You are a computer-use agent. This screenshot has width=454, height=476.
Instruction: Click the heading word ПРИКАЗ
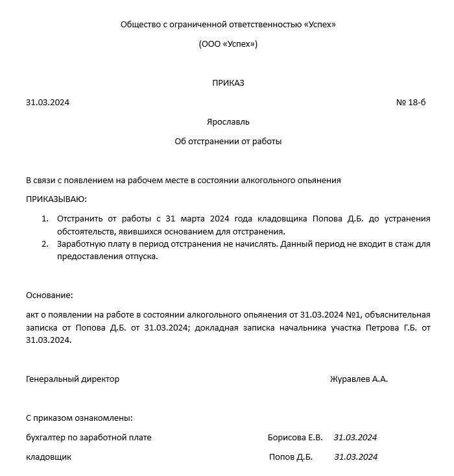coord(228,82)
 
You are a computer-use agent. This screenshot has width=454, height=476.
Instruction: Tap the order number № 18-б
coord(411,103)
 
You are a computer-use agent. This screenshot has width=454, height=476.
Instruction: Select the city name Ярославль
coord(228,121)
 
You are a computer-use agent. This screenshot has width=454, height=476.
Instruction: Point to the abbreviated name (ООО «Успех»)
coord(228,44)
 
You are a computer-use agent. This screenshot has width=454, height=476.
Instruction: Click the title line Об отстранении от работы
coord(228,141)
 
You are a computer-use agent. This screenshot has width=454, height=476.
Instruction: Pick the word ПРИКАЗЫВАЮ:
coord(56,199)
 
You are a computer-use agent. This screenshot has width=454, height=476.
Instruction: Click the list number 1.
coord(45,218)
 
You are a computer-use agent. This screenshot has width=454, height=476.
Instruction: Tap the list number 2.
coord(45,244)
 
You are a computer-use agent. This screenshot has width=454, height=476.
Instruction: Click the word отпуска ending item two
coord(140,256)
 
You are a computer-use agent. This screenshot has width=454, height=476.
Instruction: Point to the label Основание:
coord(49,295)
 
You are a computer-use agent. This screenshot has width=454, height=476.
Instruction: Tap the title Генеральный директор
coord(73,379)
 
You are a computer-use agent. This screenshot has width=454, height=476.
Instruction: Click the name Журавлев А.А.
coord(359,379)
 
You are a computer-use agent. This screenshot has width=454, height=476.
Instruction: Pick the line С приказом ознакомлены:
coord(79,418)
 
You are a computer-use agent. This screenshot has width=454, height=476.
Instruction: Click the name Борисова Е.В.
coord(295,437)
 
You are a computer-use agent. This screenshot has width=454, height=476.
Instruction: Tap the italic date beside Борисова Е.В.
coord(355,437)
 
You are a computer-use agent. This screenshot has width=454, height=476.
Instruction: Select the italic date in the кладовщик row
coord(355,457)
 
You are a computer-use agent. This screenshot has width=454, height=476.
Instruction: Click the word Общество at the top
coord(140,24)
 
